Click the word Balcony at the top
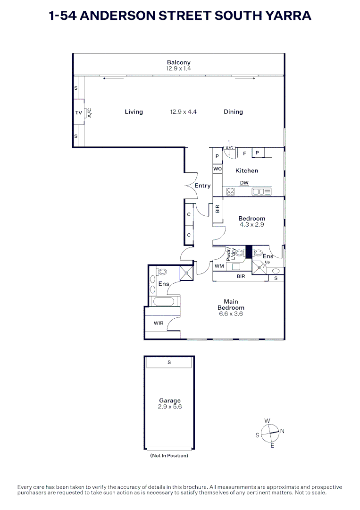[178, 62]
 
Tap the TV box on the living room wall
[78, 113]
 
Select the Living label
[134, 112]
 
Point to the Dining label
[233, 112]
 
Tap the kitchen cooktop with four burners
[231, 192]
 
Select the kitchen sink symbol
[261, 192]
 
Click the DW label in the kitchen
[244, 183]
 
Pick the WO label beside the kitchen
[218, 169]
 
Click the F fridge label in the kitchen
[244, 153]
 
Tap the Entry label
[202, 186]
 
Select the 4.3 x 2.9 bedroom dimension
[251, 225]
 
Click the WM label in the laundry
[219, 266]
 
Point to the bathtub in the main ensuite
[164, 301]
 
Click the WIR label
[159, 323]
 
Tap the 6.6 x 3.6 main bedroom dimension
[231, 314]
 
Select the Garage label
[169, 400]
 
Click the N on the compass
[282, 431]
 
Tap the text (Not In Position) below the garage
[169, 456]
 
